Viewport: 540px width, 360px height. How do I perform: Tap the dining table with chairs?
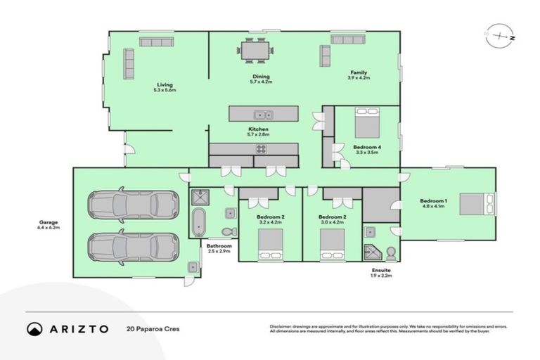[255, 51]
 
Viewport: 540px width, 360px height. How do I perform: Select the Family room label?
[359, 72]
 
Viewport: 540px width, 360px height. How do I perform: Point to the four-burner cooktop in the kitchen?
[261, 149]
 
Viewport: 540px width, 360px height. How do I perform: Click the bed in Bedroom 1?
[476, 204]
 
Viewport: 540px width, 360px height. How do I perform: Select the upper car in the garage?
[131, 205]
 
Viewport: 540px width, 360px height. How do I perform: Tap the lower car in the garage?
[131, 247]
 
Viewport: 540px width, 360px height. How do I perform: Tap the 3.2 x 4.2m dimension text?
[270, 223]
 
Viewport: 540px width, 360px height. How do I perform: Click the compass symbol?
[500, 35]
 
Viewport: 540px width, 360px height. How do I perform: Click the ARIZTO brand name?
[78, 328]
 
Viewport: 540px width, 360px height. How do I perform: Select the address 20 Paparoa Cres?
[150, 328]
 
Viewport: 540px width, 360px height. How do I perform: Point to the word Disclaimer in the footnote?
[281, 326]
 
